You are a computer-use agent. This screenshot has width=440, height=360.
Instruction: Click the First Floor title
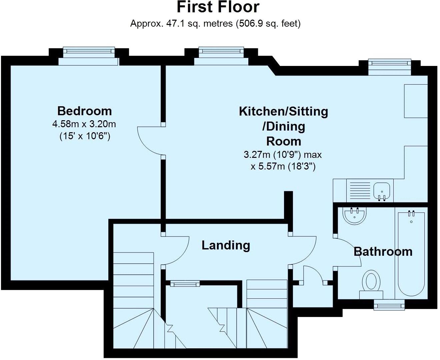[218, 7]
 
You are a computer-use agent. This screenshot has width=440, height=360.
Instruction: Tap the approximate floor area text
[215, 24]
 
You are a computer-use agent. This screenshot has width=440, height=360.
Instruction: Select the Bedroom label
[84, 111]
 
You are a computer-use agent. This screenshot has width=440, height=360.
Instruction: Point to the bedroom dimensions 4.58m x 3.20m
[84, 124]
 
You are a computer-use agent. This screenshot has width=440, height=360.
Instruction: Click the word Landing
[226, 245]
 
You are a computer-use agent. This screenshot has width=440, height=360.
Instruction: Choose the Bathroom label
[383, 251]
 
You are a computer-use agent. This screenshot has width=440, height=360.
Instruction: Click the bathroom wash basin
[355, 216]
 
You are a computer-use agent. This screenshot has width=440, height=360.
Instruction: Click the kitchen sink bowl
[381, 190]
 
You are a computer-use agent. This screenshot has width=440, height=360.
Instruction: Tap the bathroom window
[389, 305]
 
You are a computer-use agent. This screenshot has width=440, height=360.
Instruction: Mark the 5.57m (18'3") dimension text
[283, 166]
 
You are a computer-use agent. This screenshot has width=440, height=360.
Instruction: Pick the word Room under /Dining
[284, 141]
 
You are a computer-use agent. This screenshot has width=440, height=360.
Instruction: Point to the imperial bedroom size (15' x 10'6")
[85, 136]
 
